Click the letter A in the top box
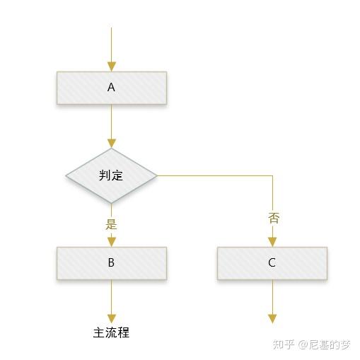111,87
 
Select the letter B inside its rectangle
111,262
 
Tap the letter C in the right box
272,262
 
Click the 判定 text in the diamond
111,175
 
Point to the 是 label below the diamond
111,224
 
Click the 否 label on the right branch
274,218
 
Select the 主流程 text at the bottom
111,332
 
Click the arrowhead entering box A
112,66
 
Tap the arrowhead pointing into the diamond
112,144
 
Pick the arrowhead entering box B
112,242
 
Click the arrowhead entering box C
272,242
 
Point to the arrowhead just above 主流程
112,319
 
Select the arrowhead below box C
272,319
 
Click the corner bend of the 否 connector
272,175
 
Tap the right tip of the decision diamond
157,175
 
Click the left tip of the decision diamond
66,175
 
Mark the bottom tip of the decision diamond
112,203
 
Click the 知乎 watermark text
284,344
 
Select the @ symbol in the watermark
303,344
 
